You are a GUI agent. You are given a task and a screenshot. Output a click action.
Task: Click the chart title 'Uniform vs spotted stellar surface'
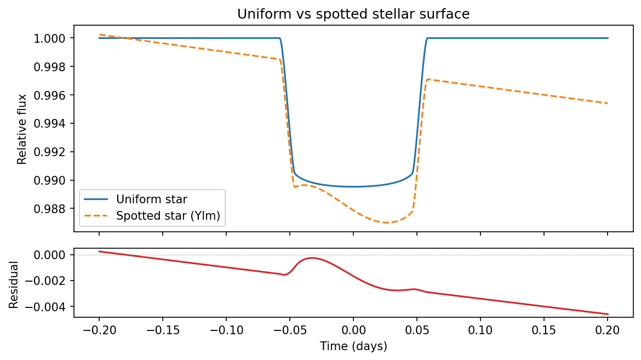point(353,14)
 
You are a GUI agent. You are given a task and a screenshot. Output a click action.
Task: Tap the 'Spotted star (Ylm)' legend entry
point(168,216)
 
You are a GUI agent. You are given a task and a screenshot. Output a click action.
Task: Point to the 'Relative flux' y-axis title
point(22,129)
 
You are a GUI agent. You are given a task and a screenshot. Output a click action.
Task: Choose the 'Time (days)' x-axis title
point(353,346)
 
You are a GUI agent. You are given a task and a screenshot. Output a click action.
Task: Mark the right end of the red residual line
point(608,314)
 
